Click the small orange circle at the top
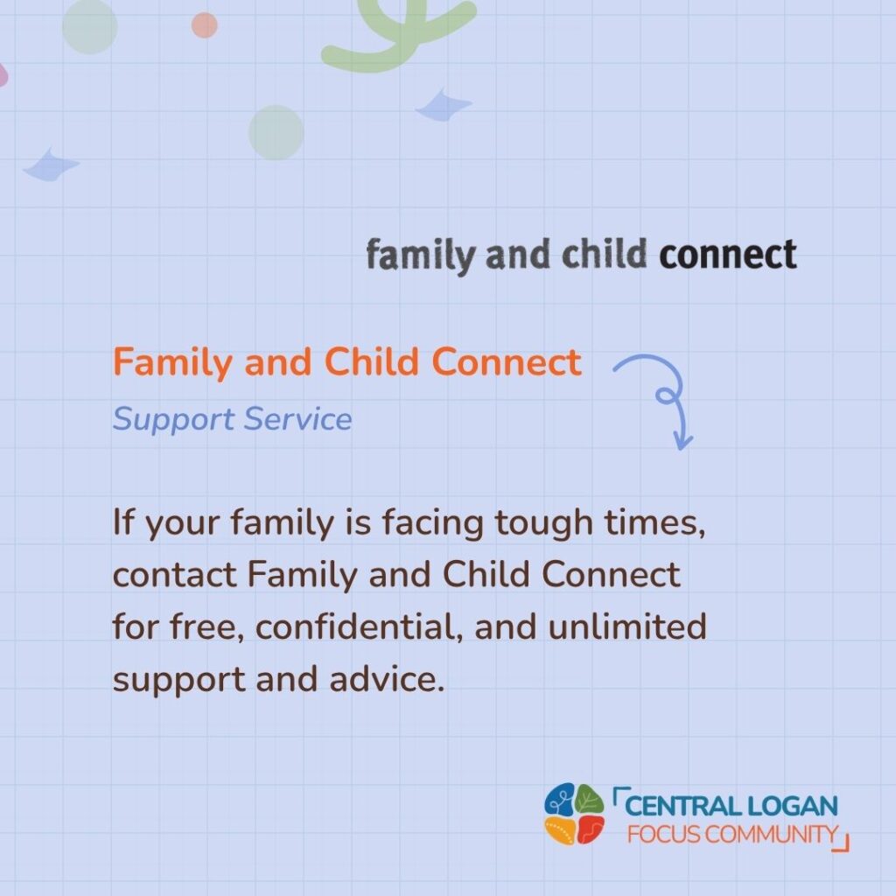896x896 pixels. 204,25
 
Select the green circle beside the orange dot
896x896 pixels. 90,26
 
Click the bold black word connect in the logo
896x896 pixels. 727,255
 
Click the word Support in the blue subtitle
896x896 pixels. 174,420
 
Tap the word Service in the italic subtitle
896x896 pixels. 297,419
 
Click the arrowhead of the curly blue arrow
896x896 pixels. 682,440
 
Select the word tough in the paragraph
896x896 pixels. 543,523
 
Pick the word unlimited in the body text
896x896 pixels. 627,626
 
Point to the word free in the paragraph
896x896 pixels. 206,626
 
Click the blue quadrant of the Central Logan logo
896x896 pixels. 560,799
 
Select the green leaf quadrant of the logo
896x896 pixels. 589,799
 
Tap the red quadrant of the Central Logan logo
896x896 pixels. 591,829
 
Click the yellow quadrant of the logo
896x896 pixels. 559,830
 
